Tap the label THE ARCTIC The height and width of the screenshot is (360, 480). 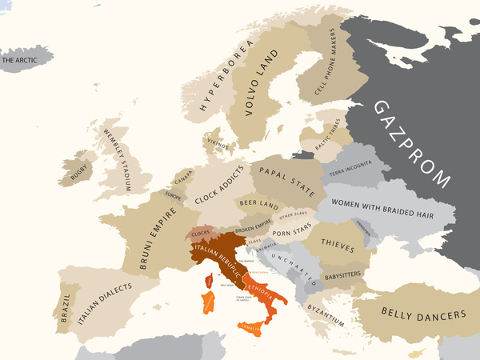22,59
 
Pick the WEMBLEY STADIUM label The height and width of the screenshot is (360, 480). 119,160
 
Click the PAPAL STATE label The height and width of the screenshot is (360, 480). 286,177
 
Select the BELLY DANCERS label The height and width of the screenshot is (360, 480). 423,314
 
